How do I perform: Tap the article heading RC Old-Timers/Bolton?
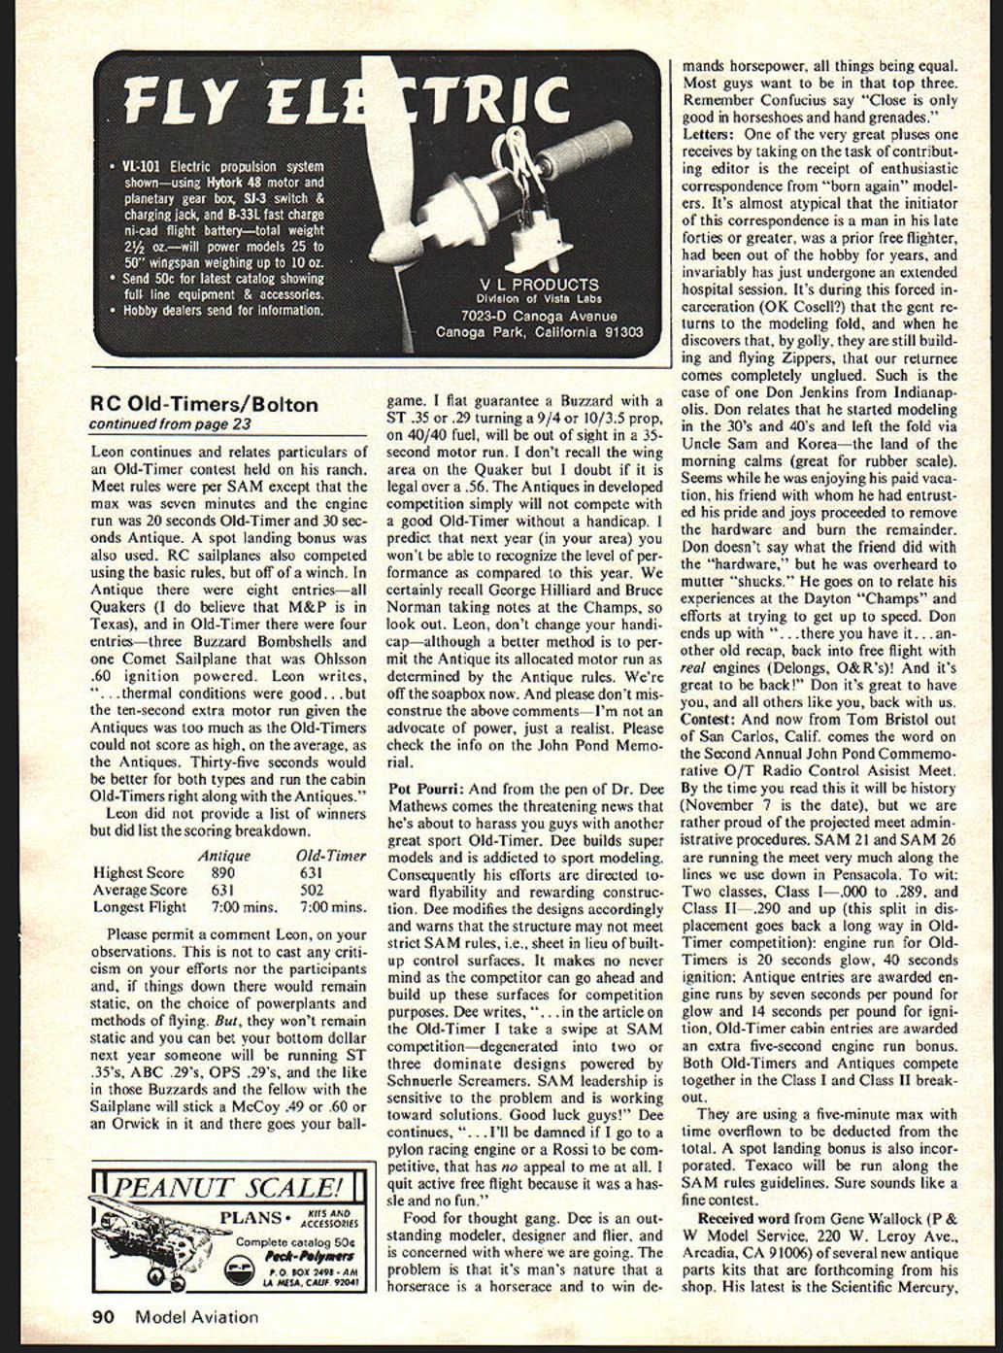203,405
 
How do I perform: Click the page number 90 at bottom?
103,1317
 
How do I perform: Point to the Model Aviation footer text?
196,1317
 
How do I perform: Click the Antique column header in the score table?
223,856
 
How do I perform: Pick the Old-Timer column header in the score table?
330,856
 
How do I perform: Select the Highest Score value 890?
222,873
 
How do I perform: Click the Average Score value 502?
312,890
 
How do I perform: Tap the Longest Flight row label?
140,907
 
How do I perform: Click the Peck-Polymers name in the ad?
297,1255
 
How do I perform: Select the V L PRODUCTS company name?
539,285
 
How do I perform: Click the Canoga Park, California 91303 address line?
539,332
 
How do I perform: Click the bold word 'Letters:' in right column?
712,133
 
